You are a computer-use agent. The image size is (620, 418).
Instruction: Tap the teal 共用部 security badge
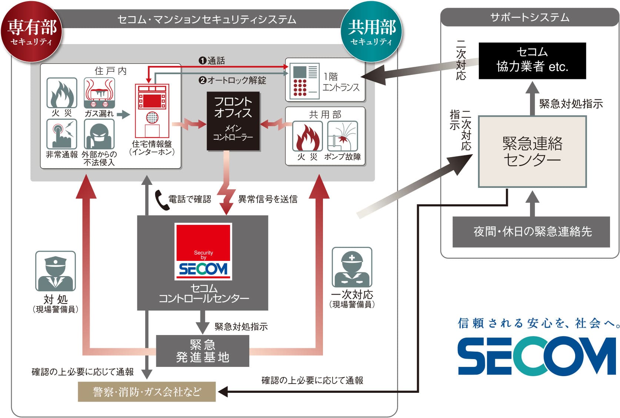[x=371, y=32]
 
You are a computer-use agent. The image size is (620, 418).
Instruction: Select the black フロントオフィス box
[x=233, y=122]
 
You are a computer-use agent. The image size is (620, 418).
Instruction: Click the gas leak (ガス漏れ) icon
[x=99, y=93]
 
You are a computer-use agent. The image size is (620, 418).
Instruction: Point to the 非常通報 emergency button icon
[x=61, y=134]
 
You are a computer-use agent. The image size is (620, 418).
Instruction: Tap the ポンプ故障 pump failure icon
[x=343, y=136]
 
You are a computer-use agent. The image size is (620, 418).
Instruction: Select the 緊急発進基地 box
[x=203, y=351]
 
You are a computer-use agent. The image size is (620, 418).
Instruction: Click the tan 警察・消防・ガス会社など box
[x=147, y=392]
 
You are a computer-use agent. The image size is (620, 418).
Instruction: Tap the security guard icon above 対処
[x=56, y=271]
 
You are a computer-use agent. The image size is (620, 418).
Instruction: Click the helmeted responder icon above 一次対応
[x=352, y=266]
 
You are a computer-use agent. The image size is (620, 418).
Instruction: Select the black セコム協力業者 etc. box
[x=532, y=60]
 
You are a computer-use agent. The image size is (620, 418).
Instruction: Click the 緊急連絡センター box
[x=532, y=151]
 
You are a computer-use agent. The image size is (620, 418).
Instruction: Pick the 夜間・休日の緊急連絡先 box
[x=532, y=232]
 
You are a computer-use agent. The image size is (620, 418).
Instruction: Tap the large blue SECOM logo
[x=537, y=356]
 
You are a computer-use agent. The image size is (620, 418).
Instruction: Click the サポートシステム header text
[x=530, y=17]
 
